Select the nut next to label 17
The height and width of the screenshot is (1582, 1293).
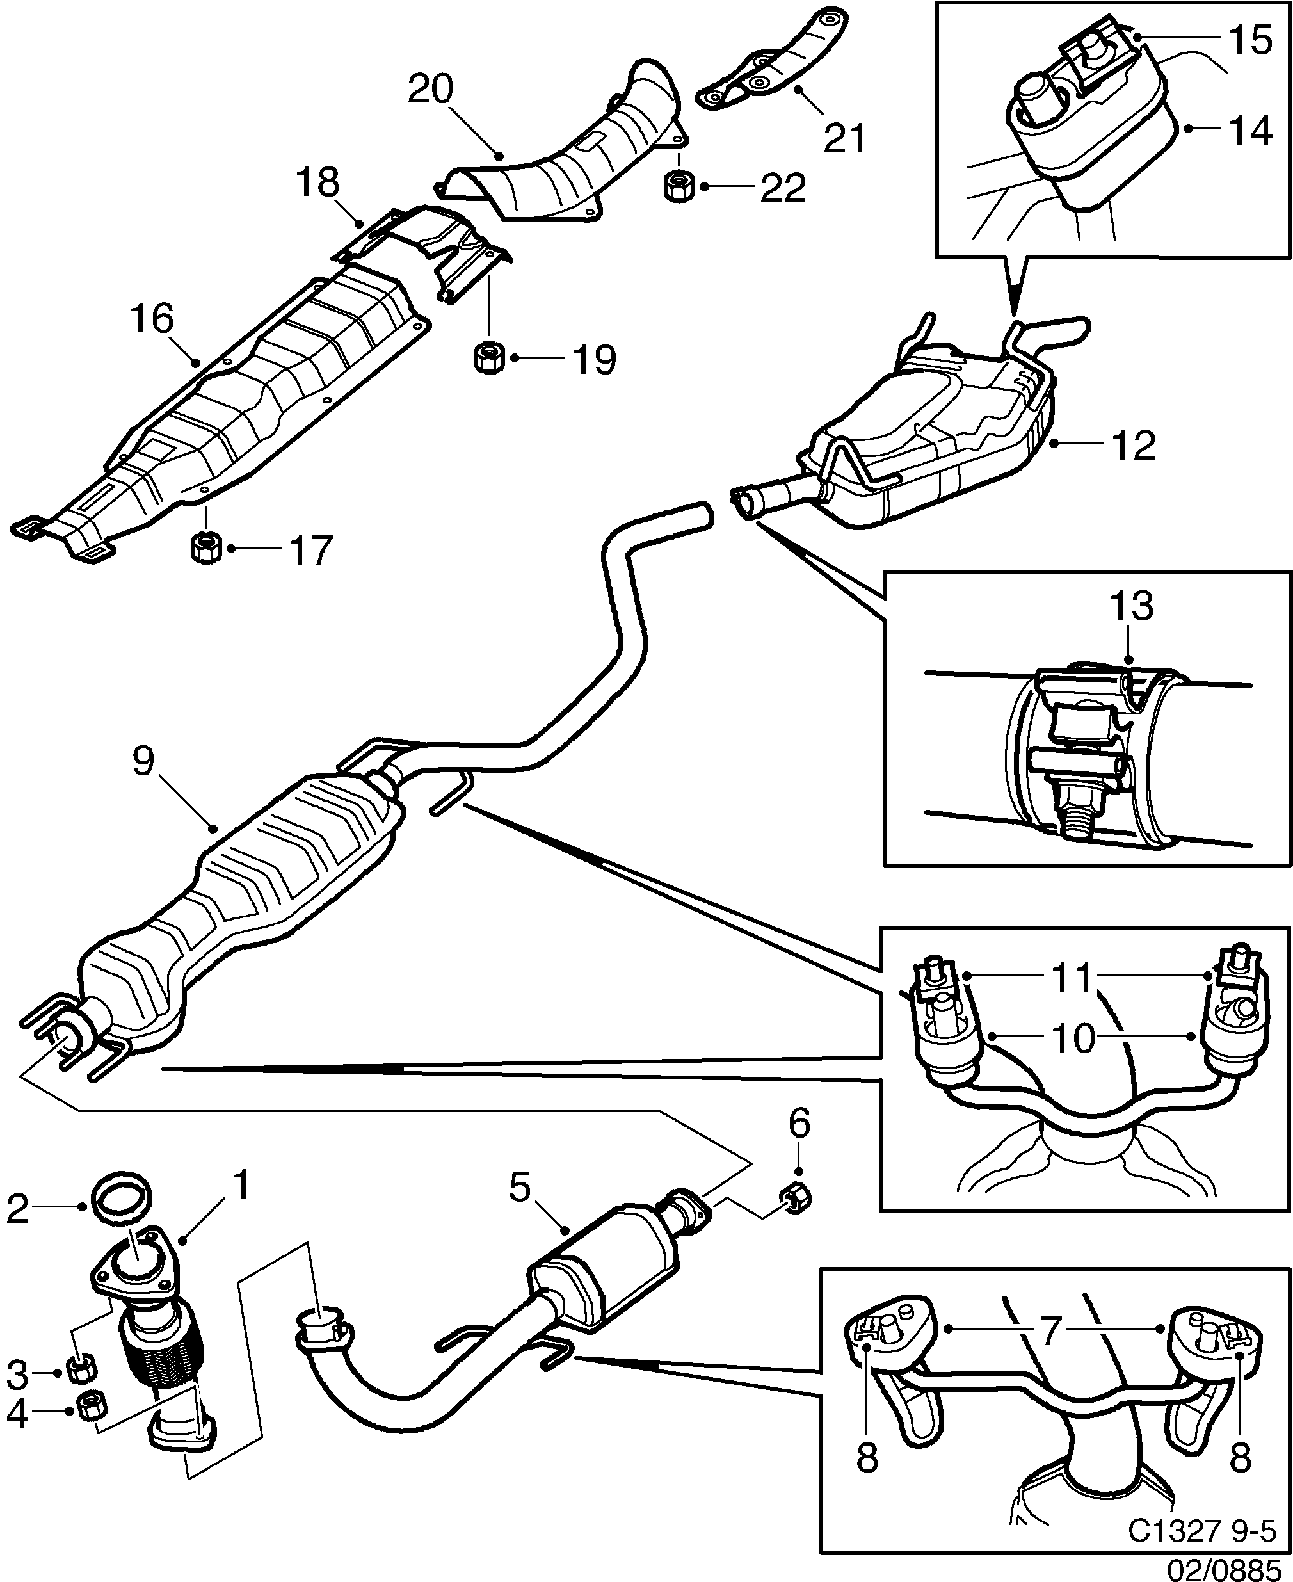[204, 548]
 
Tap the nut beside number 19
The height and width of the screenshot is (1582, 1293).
[488, 357]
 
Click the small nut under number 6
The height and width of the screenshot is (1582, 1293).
[796, 1197]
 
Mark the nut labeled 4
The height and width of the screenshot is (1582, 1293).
[92, 1405]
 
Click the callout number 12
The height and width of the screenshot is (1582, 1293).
[1133, 446]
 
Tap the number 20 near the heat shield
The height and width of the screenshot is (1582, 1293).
[431, 90]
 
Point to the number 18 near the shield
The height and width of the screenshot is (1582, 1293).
[318, 182]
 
